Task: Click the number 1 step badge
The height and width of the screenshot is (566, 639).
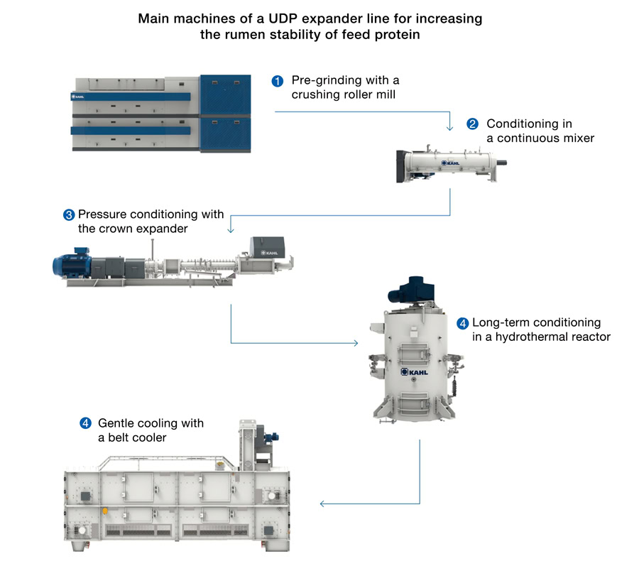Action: tap(278, 81)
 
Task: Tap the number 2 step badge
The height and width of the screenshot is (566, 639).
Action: tap(472, 124)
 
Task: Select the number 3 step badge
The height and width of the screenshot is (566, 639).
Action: tap(69, 214)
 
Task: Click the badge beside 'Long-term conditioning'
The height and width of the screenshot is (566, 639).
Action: tap(462, 323)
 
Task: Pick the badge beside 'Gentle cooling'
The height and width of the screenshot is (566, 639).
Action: tap(85, 424)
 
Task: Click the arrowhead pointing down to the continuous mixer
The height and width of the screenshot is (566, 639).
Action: tap(449, 128)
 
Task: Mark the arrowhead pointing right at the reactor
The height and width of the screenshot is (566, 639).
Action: tap(356, 344)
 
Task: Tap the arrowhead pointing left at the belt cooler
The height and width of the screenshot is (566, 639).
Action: tap(323, 504)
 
